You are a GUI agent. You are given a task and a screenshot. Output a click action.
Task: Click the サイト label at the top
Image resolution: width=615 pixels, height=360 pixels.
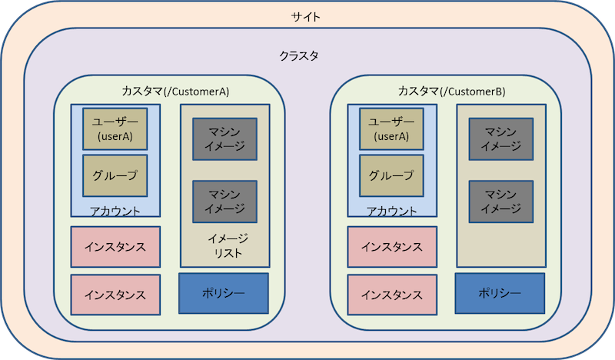click(x=307, y=15)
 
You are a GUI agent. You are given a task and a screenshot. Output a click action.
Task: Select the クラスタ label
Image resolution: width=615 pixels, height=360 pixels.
click(x=298, y=56)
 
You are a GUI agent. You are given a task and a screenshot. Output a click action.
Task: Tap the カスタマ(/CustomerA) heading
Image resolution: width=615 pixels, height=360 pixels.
click(x=175, y=91)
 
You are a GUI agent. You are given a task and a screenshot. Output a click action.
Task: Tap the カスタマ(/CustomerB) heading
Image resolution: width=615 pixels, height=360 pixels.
click(x=451, y=91)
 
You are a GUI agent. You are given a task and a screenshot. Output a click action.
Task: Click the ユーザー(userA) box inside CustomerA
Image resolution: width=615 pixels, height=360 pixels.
click(x=115, y=128)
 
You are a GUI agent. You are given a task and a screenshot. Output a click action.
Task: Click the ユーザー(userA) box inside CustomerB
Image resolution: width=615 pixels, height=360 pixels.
click(x=391, y=128)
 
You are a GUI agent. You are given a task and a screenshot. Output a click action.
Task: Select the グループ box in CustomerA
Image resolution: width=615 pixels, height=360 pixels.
click(x=115, y=175)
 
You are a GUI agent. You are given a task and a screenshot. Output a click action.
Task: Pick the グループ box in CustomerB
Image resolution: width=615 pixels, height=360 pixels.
click(x=391, y=175)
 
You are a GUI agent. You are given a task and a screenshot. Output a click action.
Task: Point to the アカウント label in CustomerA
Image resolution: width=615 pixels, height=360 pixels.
click(x=115, y=212)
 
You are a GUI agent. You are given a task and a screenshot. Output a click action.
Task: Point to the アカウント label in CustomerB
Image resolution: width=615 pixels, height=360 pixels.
click(x=391, y=212)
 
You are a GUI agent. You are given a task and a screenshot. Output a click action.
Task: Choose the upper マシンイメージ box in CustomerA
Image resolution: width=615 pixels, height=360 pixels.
click(x=224, y=139)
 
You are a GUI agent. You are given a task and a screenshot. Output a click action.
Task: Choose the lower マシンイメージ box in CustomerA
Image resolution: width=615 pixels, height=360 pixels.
click(x=224, y=202)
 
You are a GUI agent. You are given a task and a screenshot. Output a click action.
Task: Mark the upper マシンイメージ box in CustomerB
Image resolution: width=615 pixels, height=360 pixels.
click(x=501, y=139)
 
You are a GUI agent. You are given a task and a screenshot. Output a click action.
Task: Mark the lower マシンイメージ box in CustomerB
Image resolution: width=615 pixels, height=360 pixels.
click(x=501, y=202)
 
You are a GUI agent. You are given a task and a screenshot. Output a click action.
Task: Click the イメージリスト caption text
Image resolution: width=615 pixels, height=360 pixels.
click(x=224, y=245)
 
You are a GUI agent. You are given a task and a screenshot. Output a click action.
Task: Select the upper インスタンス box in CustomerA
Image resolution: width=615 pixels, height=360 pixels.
click(x=115, y=247)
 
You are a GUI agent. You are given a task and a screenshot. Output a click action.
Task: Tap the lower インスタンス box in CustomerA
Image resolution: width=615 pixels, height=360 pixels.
click(x=115, y=294)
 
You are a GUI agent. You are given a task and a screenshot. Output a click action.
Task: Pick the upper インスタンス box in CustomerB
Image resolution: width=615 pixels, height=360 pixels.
click(x=392, y=247)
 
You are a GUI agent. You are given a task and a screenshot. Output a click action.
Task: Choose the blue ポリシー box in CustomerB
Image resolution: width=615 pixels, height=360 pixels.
click(x=500, y=293)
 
